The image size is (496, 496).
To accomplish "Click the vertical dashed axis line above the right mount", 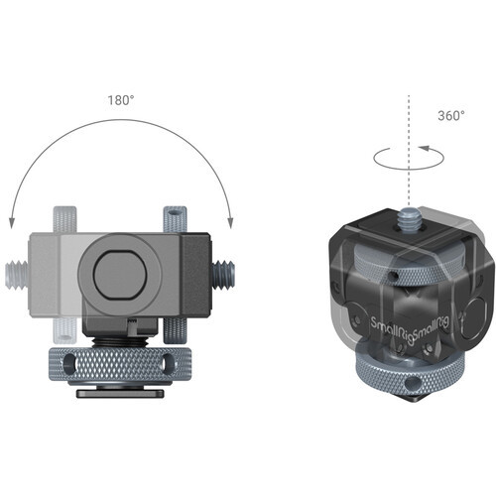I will click(408, 129).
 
